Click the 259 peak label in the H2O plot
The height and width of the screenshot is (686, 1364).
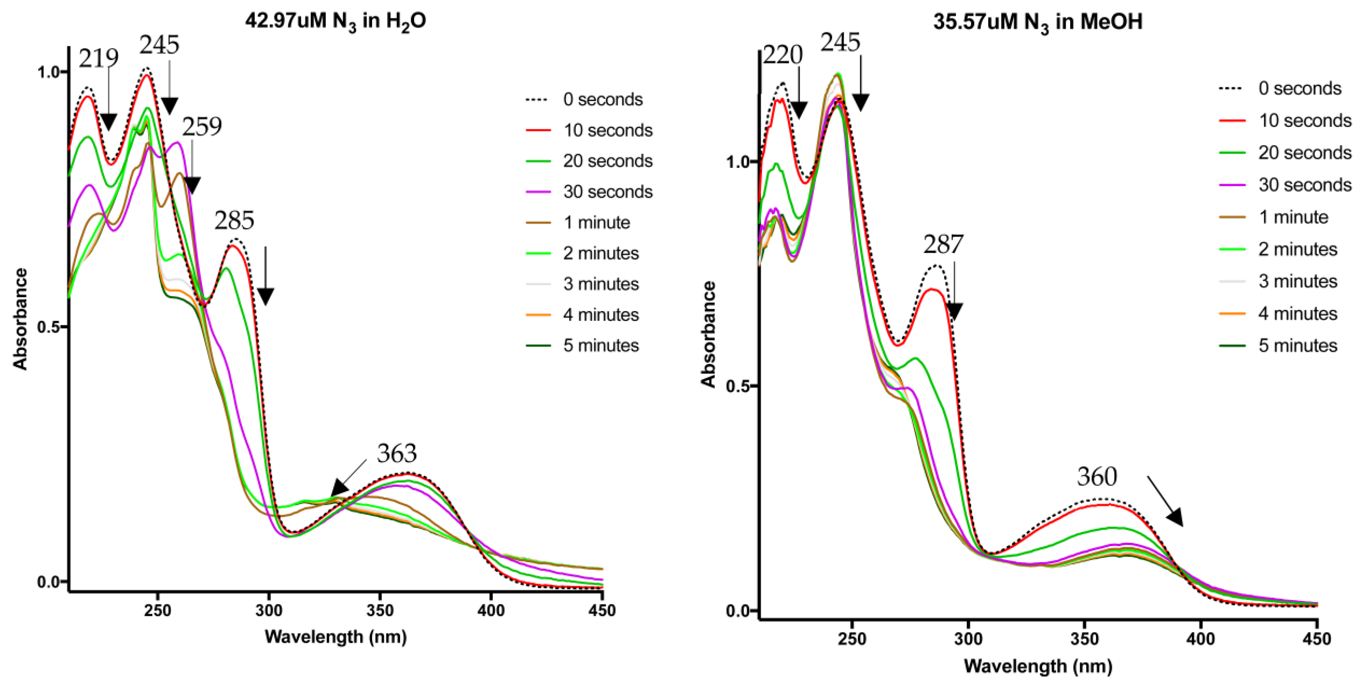pos(202,127)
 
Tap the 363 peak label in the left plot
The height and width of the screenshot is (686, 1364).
pos(397,453)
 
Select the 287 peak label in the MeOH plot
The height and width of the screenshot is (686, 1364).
pos(943,245)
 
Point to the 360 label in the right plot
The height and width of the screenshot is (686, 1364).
pos(1097,477)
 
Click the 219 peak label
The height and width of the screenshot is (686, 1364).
pos(98,58)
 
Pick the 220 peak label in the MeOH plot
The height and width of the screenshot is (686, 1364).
pos(782,55)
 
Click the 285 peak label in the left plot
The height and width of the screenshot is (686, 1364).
pos(234,220)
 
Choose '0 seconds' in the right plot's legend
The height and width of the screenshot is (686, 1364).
pos(1299,88)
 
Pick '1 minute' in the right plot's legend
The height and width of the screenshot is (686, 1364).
pos(1293,217)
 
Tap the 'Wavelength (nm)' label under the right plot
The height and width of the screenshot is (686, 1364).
pos(1037,666)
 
